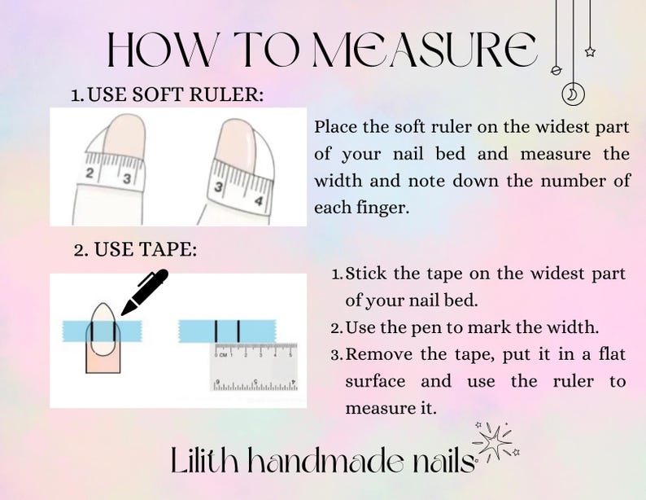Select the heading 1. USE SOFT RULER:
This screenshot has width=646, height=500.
(168, 95)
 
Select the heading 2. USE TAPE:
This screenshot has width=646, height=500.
(135, 250)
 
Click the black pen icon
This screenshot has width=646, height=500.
(144, 292)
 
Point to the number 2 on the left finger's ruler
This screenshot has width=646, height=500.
(91, 174)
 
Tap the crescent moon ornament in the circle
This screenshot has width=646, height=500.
(573, 94)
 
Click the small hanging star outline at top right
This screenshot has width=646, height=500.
(590, 52)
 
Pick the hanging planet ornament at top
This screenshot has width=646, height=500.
(557, 71)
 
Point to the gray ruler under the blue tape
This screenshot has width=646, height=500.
(254, 366)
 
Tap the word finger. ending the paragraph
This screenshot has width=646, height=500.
(378, 208)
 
